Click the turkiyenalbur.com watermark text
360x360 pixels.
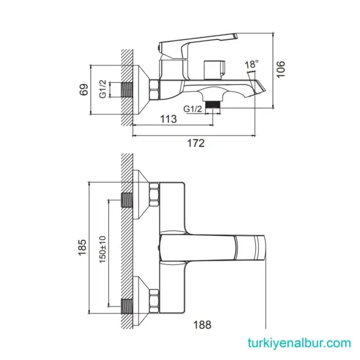click(x=298, y=343)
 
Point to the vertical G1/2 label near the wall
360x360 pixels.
click(x=102, y=90)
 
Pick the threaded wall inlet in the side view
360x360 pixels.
click(x=126, y=90)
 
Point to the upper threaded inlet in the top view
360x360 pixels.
click(x=126, y=200)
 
